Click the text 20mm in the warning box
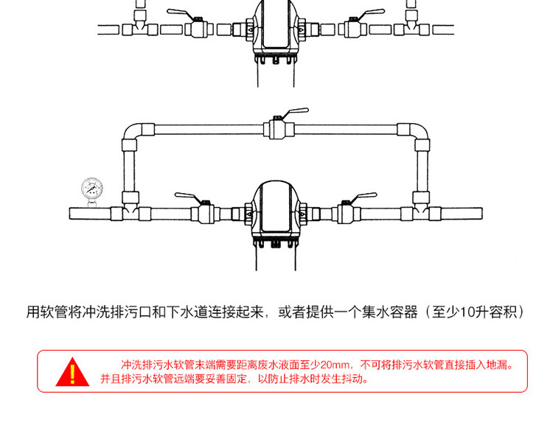click(337, 365)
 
